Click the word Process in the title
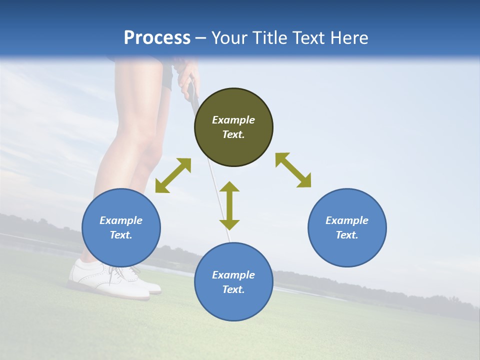point(157,38)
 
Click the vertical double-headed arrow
point(229,205)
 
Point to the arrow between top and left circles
point(173,175)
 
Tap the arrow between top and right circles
point(293,170)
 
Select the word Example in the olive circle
point(233,120)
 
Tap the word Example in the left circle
point(121,220)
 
